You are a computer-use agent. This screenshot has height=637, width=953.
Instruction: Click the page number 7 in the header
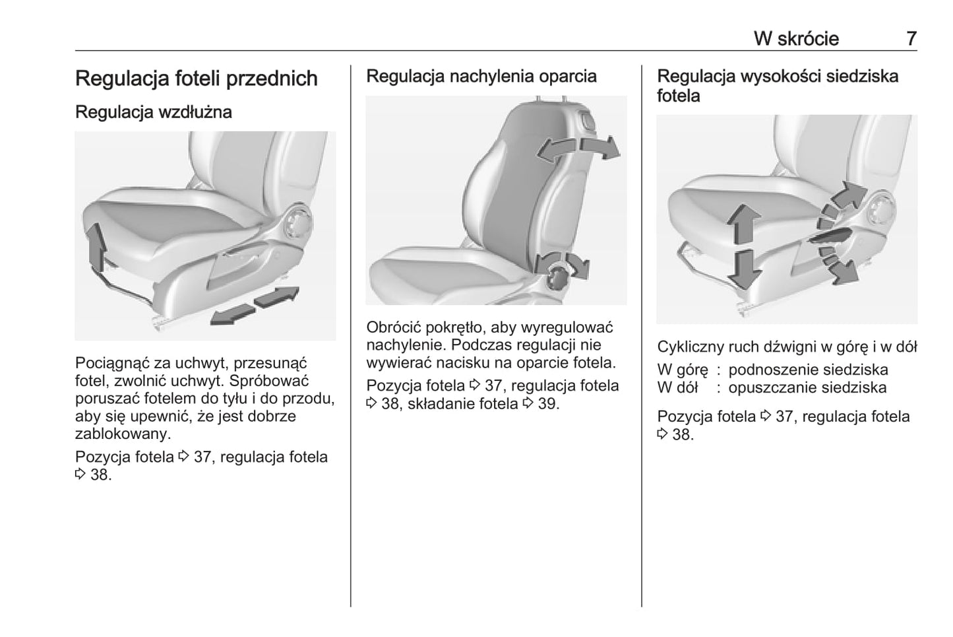(911, 38)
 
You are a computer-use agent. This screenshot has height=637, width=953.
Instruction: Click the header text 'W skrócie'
(796, 38)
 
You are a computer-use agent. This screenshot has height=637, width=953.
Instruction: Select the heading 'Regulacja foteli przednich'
(196, 79)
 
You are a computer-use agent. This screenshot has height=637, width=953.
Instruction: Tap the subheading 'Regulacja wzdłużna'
(154, 112)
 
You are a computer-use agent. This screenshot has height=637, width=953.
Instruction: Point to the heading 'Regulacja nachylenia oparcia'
(481, 77)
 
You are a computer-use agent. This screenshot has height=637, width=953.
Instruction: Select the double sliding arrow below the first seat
(254, 306)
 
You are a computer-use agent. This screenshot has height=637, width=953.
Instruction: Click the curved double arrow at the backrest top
(578, 149)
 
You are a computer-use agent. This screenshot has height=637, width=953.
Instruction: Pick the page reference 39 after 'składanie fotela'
(547, 404)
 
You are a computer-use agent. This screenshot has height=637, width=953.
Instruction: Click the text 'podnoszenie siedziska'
(808, 370)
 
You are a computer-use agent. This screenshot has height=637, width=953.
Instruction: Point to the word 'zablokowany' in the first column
(122, 434)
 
